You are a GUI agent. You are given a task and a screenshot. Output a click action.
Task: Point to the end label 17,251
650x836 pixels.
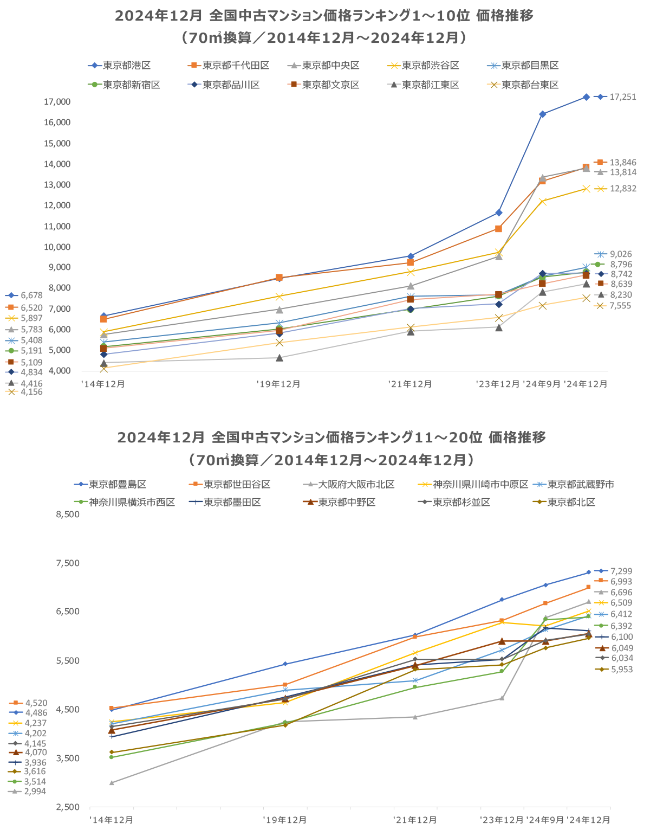[622, 97]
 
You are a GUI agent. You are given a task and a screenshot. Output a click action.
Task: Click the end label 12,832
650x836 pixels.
[622, 189]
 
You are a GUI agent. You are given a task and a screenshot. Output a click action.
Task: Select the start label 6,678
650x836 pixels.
[31, 295]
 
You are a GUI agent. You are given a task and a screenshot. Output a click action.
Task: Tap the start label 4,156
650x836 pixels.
[31, 392]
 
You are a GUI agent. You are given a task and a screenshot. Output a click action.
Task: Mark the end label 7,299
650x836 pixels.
[621, 571]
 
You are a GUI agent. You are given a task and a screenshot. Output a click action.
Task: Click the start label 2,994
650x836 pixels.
[35, 792]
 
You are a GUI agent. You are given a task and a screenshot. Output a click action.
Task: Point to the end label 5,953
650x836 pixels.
[621, 670]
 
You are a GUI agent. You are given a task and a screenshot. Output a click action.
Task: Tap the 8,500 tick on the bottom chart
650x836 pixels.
[68, 515]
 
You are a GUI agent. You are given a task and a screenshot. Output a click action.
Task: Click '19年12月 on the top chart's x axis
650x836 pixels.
[278, 384]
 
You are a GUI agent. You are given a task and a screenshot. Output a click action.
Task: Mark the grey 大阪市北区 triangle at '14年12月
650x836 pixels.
[112, 783]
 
